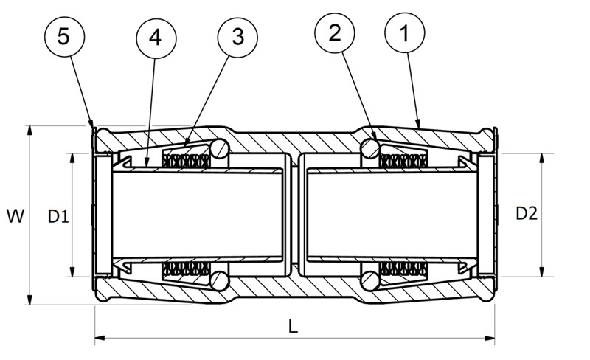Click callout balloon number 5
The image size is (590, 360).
[64, 37]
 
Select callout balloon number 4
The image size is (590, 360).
[156, 38]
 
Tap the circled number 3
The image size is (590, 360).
[237, 37]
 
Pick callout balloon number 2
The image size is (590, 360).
[335, 33]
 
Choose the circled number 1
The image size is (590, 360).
[405, 33]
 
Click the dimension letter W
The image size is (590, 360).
[15, 215]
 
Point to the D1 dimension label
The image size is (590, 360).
[58, 217]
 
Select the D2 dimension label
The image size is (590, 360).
[527, 214]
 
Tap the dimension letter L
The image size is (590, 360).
[293, 327]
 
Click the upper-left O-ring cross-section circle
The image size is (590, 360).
[219, 148]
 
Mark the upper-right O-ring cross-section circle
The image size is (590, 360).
[370, 148]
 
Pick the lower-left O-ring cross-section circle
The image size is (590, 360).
[219, 280]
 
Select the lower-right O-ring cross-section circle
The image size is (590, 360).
[371, 281]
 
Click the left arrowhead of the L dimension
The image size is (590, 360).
[100, 339]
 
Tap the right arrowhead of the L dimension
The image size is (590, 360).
[490, 339]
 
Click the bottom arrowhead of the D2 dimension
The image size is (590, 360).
[542, 271]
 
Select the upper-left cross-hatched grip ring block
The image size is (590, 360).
[186, 161]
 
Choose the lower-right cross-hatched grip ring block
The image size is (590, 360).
[404, 268]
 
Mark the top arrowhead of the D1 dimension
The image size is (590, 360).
[72, 159]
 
